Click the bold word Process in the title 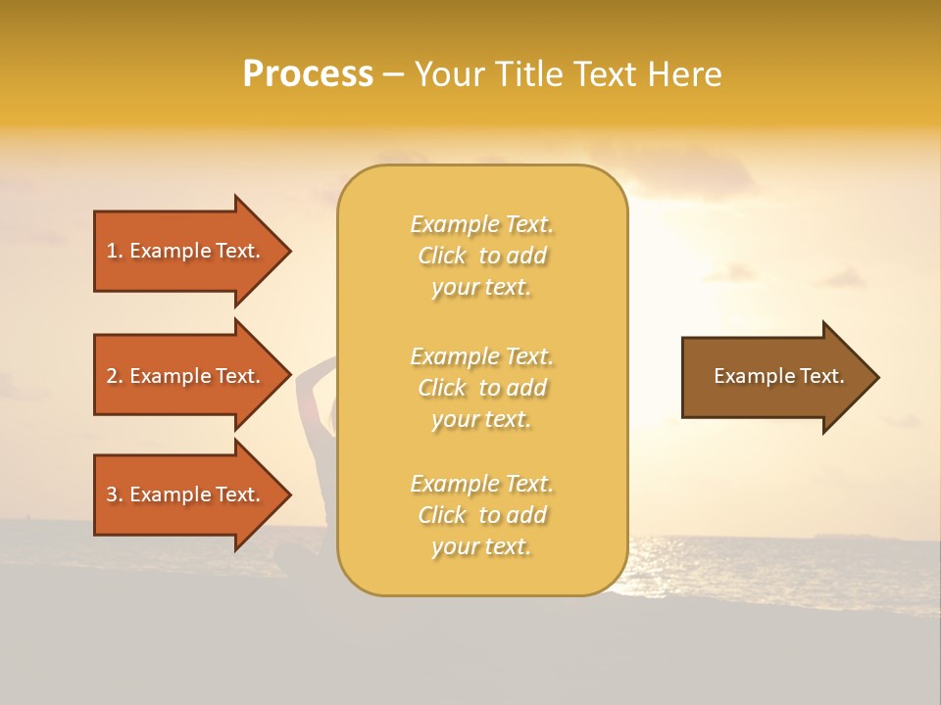click(x=308, y=74)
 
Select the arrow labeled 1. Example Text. click(x=186, y=251)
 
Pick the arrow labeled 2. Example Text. click(x=186, y=376)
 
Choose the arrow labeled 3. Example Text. click(x=186, y=494)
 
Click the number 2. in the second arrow click(x=114, y=376)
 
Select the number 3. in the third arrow click(x=114, y=494)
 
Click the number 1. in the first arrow click(x=114, y=251)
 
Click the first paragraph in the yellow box click(x=481, y=256)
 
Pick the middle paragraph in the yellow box click(x=481, y=388)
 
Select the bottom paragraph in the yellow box click(x=481, y=515)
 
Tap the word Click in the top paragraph click(x=442, y=256)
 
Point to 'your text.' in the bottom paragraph click(x=481, y=546)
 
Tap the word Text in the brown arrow click(x=824, y=376)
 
